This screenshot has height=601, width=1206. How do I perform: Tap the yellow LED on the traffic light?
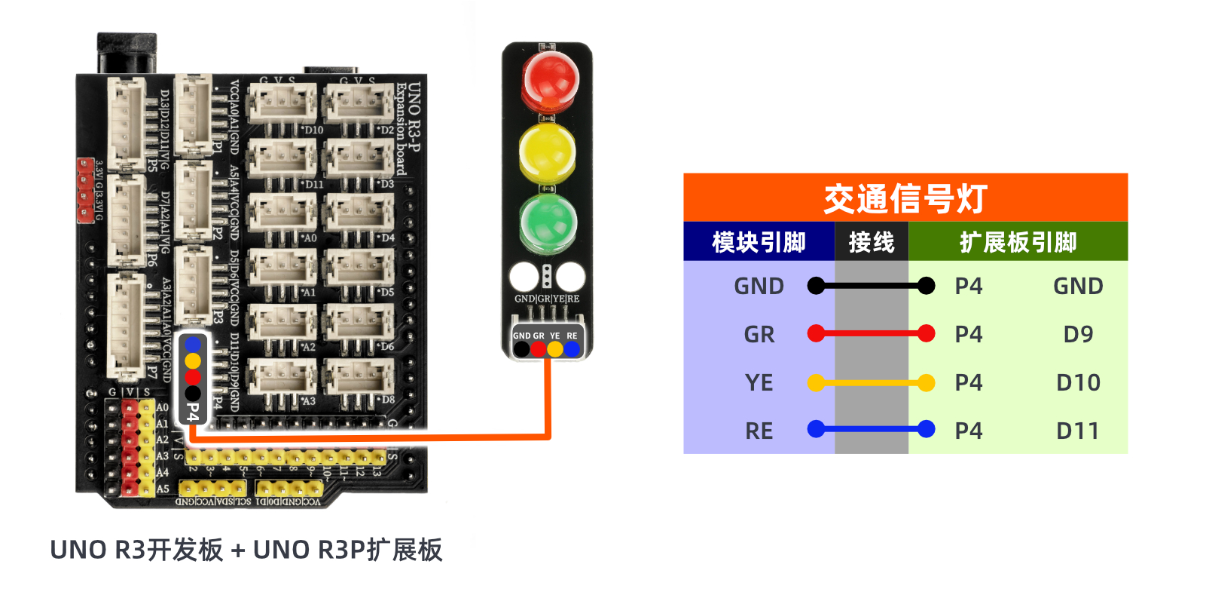pos(548,152)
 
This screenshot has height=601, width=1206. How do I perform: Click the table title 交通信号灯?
pos(905,198)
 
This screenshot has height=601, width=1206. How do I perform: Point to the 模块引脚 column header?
pos(759,242)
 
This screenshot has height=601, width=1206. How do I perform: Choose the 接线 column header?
pos(871,242)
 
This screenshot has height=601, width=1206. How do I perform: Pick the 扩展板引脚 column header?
pos(1018,242)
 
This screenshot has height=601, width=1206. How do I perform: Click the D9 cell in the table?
pos(1078,334)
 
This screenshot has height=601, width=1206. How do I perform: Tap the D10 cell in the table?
pos(1078,382)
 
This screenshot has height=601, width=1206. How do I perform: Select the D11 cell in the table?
pos(1078,431)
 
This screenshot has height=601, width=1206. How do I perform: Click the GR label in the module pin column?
pos(759,334)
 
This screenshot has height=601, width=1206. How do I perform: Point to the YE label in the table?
pos(759,382)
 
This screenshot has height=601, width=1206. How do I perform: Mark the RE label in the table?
pos(759,431)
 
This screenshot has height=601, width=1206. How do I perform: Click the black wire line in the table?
pos(871,286)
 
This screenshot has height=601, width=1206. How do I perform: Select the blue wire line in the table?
pos(871,430)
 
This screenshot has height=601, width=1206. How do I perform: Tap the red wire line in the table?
pos(871,333)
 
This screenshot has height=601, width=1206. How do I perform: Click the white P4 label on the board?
pos(193,412)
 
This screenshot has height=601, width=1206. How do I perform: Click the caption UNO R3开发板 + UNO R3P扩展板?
pos(246,550)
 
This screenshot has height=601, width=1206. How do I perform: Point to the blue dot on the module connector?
pos(572,349)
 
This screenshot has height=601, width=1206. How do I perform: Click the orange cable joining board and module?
pos(377,437)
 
